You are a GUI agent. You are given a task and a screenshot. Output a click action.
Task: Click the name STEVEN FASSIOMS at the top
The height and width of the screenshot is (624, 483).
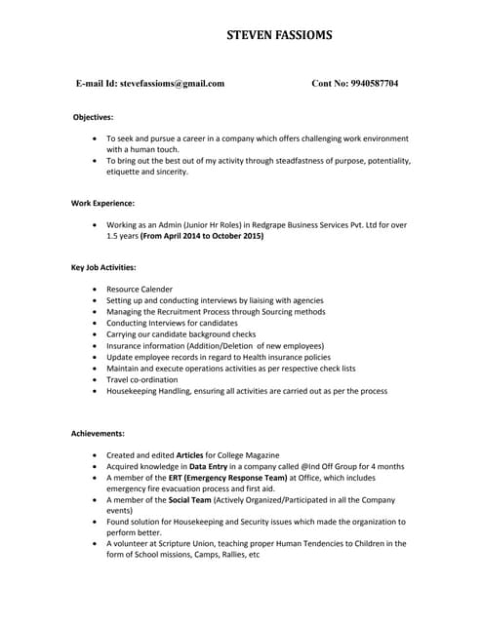tap(278, 36)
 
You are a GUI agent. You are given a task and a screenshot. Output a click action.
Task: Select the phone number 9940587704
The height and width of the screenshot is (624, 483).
tap(370, 84)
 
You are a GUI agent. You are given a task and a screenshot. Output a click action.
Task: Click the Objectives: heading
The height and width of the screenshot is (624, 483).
tap(94, 117)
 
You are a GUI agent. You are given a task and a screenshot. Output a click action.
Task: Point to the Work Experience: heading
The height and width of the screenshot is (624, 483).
tap(102, 203)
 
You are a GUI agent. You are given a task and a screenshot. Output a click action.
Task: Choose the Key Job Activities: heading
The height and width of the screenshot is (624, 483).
tap(103, 266)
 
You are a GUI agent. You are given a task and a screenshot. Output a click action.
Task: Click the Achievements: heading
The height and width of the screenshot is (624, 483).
tap(98, 432)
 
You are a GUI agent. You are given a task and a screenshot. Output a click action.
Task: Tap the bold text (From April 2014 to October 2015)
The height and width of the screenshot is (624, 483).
tap(202, 236)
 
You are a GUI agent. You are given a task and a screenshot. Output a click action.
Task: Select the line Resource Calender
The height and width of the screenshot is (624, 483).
tap(140, 290)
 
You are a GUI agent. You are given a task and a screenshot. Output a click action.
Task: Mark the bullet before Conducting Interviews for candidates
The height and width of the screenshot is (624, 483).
tap(94, 323)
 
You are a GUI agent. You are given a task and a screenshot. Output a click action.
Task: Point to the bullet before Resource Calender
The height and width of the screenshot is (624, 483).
tap(94, 290)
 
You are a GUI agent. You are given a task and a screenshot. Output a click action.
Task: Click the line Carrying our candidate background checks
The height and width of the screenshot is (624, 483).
tap(181, 334)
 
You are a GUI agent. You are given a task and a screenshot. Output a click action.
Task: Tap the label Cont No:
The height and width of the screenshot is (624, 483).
tap(330, 84)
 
